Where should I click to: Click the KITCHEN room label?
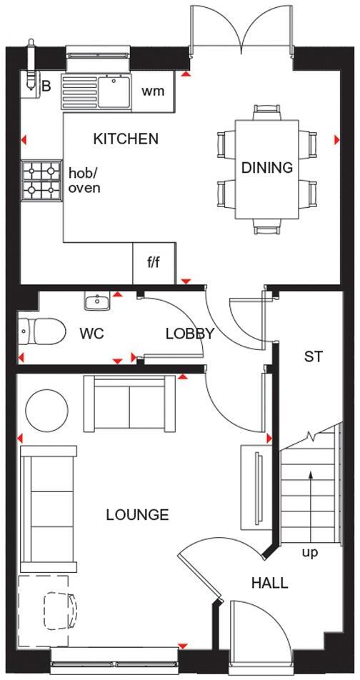[x=126, y=139]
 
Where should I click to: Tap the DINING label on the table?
[x=267, y=168]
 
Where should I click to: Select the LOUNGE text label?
[x=137, y=514]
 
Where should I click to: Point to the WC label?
[x=91, y=334]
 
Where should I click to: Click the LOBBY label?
[x=190, y=334]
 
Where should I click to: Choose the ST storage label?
[x=314, y=356]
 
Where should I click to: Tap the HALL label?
[x=269, y=583]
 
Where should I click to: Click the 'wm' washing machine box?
[x=153, y=91]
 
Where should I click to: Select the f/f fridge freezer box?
[x=154, y=263]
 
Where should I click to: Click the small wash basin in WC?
[x=96, y=302]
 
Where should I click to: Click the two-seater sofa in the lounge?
[x=129, y=404]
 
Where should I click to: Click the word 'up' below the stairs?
[x=310, y=552]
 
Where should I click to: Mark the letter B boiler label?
[x=46, y=87]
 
